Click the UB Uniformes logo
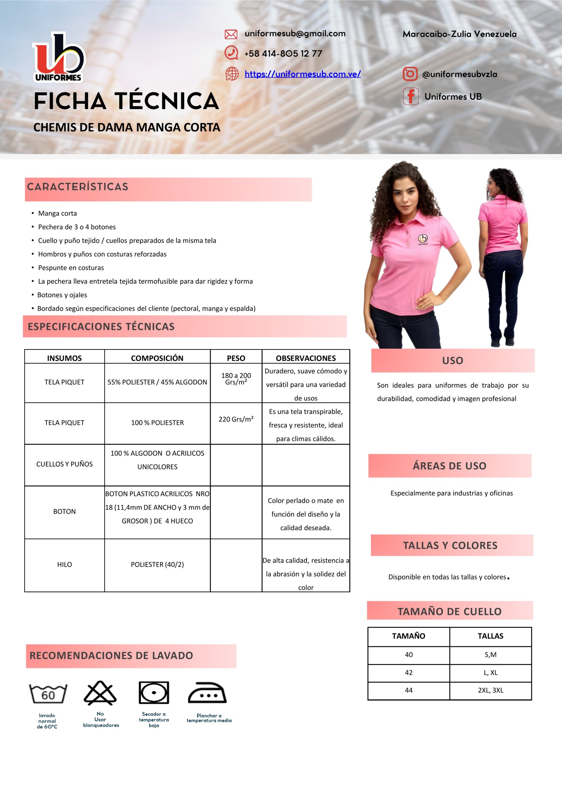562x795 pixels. tap(58, 57)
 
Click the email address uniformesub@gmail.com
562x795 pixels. tap(295, 34)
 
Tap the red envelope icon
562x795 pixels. tap(231, 34)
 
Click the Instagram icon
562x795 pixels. tap(410, 74)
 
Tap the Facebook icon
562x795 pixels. tap(411, 96)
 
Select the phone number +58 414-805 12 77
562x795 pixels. tap(283, 54)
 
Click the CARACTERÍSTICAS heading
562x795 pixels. tap(78, 187)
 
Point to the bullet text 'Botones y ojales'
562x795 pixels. tap(62, 295)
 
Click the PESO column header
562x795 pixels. tap(236, 358)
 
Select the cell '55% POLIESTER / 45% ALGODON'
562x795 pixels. tap(157, 382)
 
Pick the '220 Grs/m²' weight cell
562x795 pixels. tap(236, 419)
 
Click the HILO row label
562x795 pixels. tap(64, 564)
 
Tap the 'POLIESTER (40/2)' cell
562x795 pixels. tap(157, 564)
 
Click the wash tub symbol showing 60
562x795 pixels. tap(48, 694)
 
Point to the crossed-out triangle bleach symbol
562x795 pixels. tap(100, 693)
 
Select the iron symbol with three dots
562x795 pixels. tap(207, 693)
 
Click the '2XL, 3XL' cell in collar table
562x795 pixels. tap(490, 690)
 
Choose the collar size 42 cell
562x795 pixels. tap(409, 672)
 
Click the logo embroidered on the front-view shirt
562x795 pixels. tap(423, 239)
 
